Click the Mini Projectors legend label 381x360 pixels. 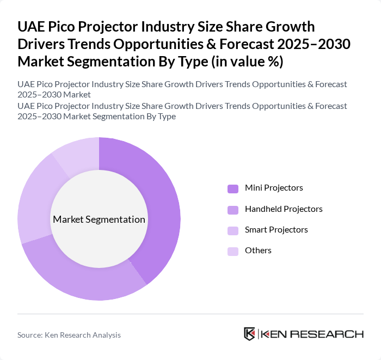pyautogui.click(x=274, y=188)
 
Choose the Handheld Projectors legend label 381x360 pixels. pyautogui.click(x=284, y=209)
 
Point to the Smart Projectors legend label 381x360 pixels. pyautogui.click(x=276, y=230)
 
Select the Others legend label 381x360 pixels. pyautogui.click(x=258, y=251)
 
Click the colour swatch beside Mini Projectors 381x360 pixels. pyautogui.click(x=233, y=188)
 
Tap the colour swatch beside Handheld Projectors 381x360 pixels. pyautogui.click(x=233, y=210)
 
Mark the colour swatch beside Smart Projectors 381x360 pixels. pyautogui.click(x=233, y=230)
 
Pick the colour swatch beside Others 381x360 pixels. pyautogui.click(x=233, y=251)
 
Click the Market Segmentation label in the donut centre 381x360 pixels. pyautogui.click(x=99, y=219)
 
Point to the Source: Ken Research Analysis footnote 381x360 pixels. pyautogui.click(x=69, y=335)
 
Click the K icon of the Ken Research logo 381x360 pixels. pyautogui.click(x=250, y=334)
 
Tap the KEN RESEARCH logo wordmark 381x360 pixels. pyautogui.click(x=312, y=334)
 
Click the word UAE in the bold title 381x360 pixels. pyautogui.click(x=32, y=27)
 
